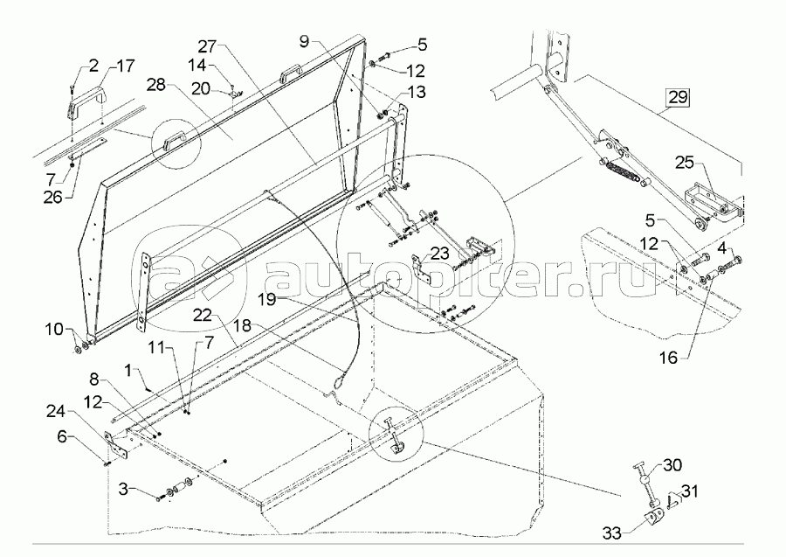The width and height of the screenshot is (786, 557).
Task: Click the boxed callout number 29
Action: coord(677,96)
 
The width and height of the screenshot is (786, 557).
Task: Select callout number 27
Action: coord(207,46)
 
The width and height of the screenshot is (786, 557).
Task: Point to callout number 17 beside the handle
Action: coord(125,66)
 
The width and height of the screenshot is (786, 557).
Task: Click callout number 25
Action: coord(684,162)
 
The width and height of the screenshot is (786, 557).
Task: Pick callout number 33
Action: coord(611,533)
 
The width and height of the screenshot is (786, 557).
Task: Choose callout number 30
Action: coord(672,464)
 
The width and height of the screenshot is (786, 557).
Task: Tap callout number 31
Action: coord(689,491)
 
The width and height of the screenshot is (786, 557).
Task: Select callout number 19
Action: coord(267,300)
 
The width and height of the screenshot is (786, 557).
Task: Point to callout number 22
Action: coord(203,315)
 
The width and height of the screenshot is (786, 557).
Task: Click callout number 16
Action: coord(669,358)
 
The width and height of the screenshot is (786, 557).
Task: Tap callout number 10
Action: coord(54,330)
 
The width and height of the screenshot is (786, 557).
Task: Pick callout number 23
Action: coord(439,254)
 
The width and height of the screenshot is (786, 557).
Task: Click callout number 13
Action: coord(417,92)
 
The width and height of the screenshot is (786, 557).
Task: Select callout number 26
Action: coord(52,198)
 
